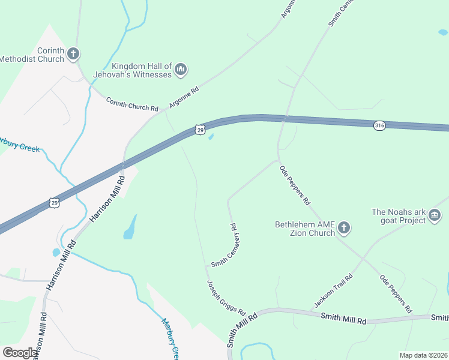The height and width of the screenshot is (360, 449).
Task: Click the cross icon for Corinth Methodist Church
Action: coord(73,54)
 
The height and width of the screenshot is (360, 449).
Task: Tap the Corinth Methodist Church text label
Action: coord(32,55)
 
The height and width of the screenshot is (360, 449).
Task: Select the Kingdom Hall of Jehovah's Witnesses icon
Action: coord(181,71)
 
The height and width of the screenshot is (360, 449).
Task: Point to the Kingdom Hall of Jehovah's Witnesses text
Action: coord(133,71)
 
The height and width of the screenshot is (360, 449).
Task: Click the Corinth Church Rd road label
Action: coord(132,104)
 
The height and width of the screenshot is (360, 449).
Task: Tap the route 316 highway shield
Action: coord(379,125)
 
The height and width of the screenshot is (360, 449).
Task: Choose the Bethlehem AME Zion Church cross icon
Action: coord(344,227)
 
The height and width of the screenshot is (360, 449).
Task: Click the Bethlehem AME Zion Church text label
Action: coord(304,229)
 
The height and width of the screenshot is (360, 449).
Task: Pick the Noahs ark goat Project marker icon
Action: coord(435,215)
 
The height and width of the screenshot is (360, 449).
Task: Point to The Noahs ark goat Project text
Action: coord(399,216)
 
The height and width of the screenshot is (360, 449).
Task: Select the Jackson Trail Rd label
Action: coord(333,291)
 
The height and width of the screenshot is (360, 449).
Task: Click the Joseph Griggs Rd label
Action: coord(226,298)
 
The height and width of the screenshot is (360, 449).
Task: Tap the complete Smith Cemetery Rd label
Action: coord(224,245)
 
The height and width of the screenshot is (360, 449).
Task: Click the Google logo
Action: coord(20,353)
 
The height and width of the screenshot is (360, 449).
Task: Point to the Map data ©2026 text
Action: coord(423,355)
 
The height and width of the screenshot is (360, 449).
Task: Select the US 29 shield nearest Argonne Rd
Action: coord(200,129)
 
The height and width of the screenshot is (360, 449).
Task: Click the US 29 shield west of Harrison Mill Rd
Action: coord(55,203)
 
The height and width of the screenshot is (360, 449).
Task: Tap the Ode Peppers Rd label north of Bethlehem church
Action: coord(295,186)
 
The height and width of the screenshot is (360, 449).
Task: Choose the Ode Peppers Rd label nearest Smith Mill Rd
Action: coord(395,294)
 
